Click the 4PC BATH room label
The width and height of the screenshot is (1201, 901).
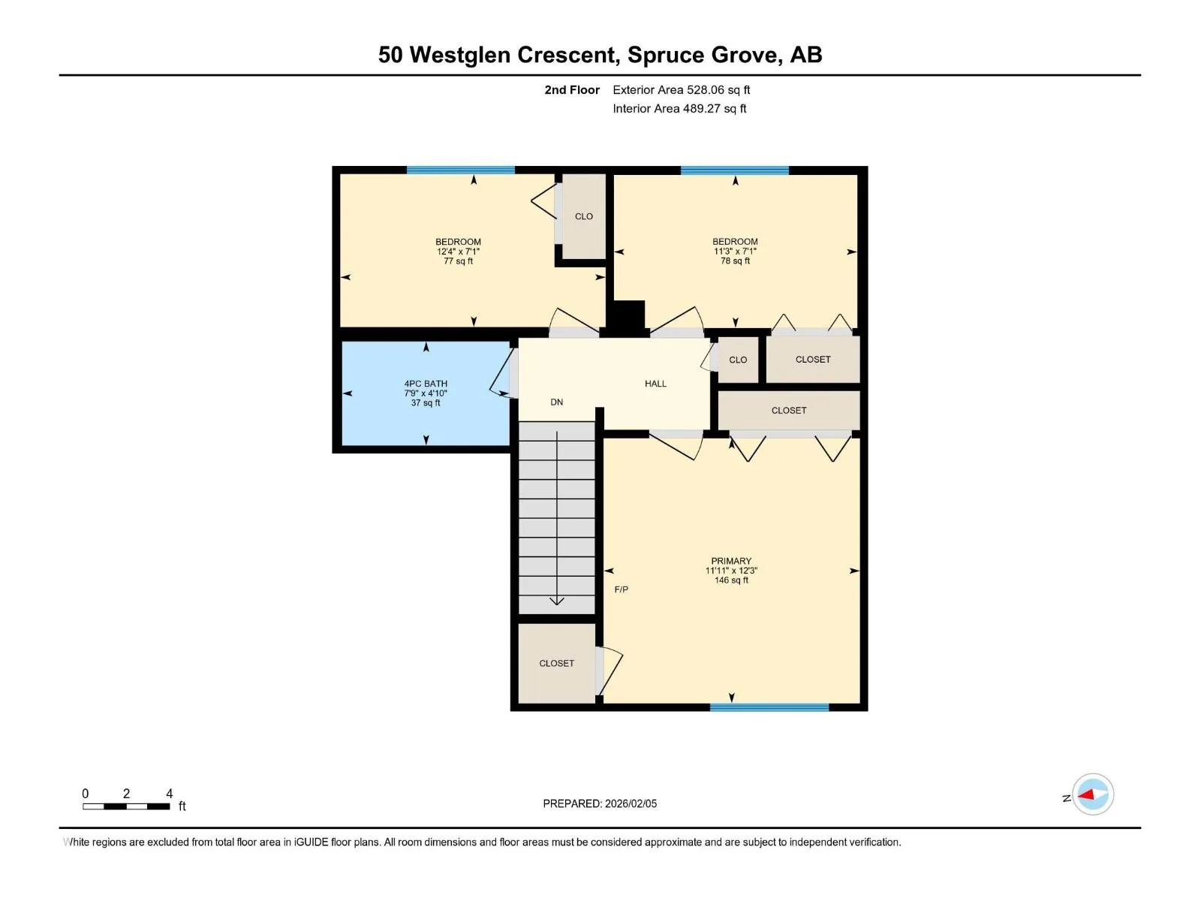[x=426, y=384]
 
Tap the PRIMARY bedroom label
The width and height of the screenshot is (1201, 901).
[x=731, y=561]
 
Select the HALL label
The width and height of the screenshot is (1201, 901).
[x=655, y=384]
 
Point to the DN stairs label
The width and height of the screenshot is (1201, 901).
[x=556, y=402]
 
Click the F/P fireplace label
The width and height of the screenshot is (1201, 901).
[x=621, y=589]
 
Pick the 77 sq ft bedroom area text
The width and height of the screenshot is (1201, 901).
[x=458, y=261]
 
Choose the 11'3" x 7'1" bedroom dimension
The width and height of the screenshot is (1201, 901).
[x=735, y=251]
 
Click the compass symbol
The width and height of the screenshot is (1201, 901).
[x=1093, y=794]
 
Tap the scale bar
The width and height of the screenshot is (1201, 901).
[x=126, y=806]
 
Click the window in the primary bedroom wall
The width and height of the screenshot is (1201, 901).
[x=769, y=707]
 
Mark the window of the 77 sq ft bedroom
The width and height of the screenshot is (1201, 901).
[x=461, y=170]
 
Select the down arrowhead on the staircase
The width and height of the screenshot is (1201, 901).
[x=556, y=601]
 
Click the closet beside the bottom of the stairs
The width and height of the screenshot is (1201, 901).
[x=556, y=663]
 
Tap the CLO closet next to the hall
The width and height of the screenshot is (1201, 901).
[x=738, y=360]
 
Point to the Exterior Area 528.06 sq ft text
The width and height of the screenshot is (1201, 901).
[x=682, y=89]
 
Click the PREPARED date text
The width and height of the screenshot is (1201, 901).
[x=600, y=803]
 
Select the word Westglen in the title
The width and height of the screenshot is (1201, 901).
[x=459, y=56]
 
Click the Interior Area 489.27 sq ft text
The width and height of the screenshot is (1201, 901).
[x=679, y=108]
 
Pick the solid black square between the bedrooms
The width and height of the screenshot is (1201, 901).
[x=626, y=318]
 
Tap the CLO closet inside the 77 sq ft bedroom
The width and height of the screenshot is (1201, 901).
[x=584, y=216]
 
